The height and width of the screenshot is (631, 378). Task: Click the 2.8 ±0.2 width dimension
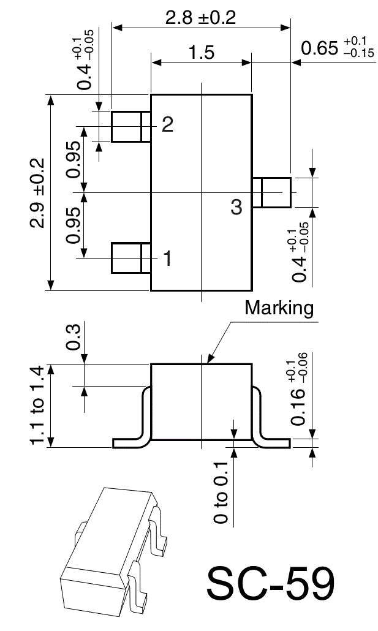200,17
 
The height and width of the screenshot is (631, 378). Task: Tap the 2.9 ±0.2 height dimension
36,192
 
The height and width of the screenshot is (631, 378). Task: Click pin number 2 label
167,125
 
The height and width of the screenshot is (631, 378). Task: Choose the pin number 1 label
167,259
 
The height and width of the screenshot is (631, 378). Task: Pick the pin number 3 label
236,207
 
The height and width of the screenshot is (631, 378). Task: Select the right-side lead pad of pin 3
273,192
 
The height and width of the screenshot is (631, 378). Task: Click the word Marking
279,308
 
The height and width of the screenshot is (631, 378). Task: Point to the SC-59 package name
270,584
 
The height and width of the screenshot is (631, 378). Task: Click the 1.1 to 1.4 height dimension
37,406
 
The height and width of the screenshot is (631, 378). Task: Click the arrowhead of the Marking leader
210,361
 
